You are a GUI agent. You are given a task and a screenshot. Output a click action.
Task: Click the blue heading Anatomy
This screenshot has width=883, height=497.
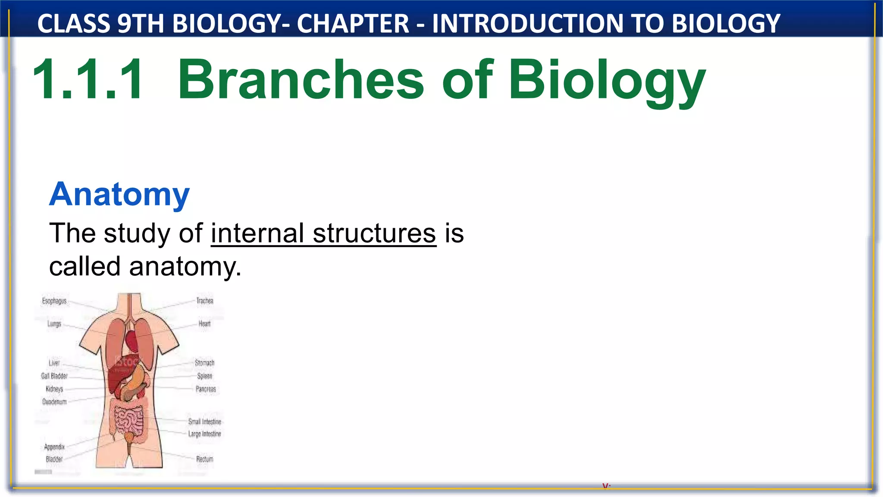point(119,195)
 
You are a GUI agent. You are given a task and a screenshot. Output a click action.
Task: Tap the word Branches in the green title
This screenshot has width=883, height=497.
point(301,80)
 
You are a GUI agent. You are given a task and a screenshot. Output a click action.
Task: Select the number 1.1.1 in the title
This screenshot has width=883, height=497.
point(88,80)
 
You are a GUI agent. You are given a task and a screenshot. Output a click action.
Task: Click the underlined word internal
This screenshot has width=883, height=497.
point(257,233)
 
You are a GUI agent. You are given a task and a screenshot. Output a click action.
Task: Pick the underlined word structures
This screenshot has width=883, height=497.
point(374,233)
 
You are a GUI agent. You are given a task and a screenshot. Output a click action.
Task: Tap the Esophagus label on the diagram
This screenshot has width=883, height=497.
point(54,301)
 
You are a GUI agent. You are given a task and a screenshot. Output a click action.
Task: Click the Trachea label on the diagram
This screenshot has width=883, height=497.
point(205,301)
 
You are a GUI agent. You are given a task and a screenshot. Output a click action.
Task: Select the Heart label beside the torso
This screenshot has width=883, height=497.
point(204,324)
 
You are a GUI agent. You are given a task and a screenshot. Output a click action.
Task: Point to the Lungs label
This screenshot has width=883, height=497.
point(54,324)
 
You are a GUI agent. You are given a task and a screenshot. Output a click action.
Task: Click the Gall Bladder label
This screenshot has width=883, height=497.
point(54,376)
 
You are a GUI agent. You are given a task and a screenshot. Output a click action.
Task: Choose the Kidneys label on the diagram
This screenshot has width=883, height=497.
point(54,389)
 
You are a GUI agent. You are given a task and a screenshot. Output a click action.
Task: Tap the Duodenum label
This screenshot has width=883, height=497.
point(54,402)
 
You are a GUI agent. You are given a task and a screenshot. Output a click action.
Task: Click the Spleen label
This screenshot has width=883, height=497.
point(205,376)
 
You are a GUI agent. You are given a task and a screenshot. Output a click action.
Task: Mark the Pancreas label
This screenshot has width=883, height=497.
point(206,389)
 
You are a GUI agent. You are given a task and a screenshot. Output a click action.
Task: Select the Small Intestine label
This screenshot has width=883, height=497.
point(205,422)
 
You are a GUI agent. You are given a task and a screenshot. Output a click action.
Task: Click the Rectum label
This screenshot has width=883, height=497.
point(205,459)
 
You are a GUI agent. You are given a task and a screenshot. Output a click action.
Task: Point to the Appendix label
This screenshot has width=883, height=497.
point(54,447)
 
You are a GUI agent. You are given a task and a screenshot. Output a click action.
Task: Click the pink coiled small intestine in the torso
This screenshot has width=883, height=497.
point(128,421)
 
